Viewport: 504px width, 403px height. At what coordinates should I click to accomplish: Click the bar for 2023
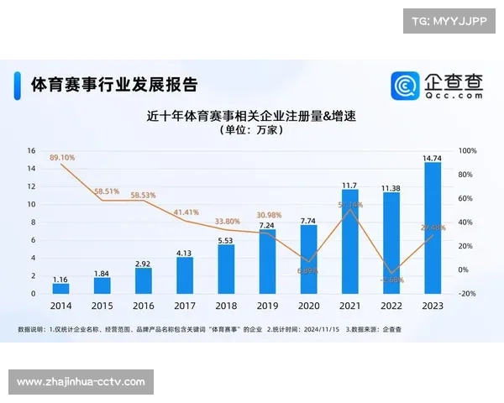(x=433, y=228)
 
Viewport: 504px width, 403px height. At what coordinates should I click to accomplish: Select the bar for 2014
(x=60, y=288)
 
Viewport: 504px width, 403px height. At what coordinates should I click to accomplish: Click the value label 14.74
(x=433, y=157)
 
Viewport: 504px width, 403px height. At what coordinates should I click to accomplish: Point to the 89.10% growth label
(x=62, y=157)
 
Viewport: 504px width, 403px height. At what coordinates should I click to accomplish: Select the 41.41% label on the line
(x=186, y=212)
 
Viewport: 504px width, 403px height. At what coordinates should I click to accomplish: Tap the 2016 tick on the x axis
(x=144, y=307)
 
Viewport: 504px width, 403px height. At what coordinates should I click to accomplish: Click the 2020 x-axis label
(x=309, y=307)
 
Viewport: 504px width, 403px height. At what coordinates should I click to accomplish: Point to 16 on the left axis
(x=31, y=151)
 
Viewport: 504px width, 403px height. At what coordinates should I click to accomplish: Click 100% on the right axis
(x=468, y=151)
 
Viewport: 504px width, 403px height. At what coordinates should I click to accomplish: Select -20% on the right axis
(x=468, y=294)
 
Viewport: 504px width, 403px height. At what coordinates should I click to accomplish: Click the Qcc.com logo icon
(x=406, y=86)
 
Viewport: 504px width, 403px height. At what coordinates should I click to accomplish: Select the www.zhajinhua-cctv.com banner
(x=81, y=382)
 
